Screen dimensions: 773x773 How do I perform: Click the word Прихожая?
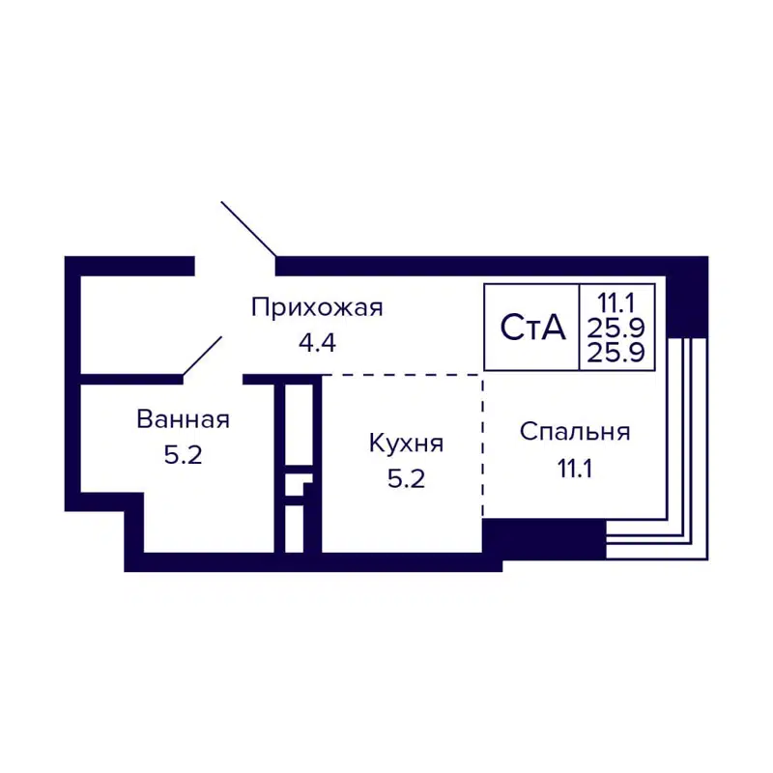click(x=317, y=308)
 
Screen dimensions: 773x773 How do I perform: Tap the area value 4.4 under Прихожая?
click(x=317, y=341)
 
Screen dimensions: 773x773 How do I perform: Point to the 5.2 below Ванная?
click(x=183, y=455)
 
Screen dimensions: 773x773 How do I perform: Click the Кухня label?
click(x=406, y=444)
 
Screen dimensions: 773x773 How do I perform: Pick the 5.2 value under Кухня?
click(x=406, y=478)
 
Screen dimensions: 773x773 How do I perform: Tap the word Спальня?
click(x=575, y=432)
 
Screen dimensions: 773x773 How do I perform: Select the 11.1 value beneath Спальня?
click(x=575, y=470)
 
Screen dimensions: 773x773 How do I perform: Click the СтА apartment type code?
click(x=531, y=328)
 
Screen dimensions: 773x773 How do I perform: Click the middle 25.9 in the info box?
click(x=619, y=327)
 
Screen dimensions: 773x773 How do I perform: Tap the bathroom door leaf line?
click(x=203, y=355)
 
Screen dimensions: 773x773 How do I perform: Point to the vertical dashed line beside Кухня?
click(x=482, y=444)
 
